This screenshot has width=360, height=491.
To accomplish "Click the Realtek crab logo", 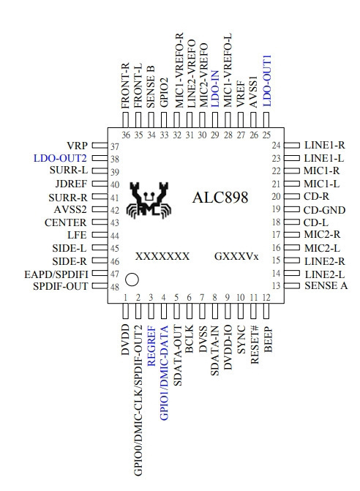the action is click(x=149, y=200).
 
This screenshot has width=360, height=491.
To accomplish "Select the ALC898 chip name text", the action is click(x=220, y=198).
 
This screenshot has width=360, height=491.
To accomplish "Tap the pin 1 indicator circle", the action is click(x=132, y=280).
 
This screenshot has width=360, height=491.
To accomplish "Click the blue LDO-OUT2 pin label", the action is click(x=60, y=158).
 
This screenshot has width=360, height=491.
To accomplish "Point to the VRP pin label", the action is click(x=78, y=146).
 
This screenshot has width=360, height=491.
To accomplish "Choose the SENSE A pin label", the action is click(x=326, y=285).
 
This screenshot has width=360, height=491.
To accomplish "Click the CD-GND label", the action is click(x=324, y=210).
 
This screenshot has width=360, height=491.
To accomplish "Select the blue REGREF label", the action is click(x=151, y=345).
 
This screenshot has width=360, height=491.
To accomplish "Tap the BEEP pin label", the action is click(x=269, y=340).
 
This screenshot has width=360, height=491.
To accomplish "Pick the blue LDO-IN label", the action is click(x=215, y=89).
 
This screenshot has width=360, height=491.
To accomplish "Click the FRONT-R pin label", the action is click(x=125, y=86).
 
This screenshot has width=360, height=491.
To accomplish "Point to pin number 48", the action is click(x=115, y=287).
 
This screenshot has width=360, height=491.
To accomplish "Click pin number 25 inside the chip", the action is click(x=266, y=135).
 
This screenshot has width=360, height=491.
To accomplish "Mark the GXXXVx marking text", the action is click(x=236, y=256).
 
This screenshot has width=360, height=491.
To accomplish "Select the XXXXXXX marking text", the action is click(x=162, y=256).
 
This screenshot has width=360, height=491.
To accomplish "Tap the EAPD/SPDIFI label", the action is click(x=56, y=274).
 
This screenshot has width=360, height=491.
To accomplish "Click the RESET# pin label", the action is click(x=255, y=345).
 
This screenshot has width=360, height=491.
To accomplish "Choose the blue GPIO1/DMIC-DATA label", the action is click(x=165, y=372).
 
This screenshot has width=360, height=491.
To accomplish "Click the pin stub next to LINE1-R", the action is click(x=291, y=146).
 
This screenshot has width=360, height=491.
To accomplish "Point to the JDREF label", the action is click(x=71, y=184).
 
